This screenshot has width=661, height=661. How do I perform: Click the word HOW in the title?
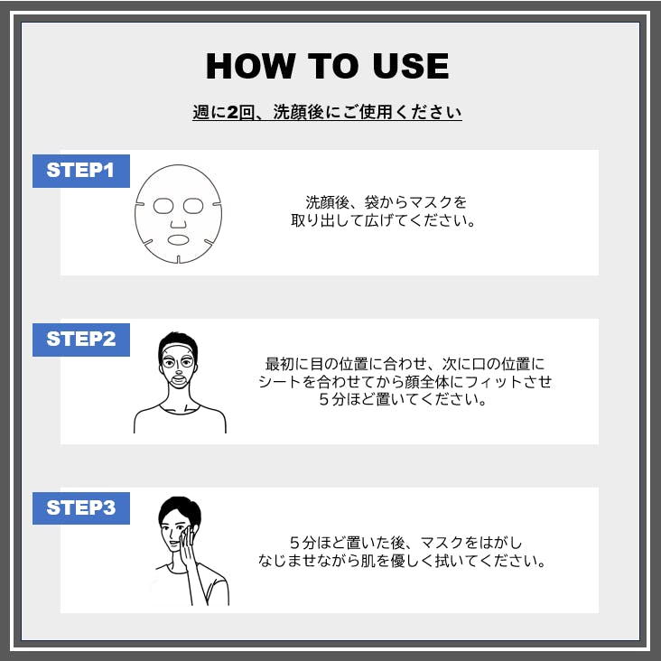[249, 66]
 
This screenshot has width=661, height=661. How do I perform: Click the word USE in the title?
[411, 66]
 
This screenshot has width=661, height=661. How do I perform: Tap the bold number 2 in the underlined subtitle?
[233, 112]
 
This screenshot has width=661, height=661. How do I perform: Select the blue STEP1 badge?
[81, 171]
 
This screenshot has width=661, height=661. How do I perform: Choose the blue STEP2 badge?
[81, 340]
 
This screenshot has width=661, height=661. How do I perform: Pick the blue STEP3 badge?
[81, 508]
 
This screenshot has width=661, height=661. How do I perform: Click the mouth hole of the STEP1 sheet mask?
[178, 240]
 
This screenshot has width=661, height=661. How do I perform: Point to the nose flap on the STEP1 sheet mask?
[178, 223]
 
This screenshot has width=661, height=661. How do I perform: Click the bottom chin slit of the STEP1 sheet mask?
[178, 259]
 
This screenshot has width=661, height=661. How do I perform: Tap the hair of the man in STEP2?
[178, 340]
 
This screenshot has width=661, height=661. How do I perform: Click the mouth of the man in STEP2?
[179, 379]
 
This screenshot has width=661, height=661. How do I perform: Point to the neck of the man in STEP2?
[179, 398]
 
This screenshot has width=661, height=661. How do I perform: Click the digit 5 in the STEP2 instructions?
[324, 399]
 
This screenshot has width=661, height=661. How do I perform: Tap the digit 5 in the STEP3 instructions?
[295, 543]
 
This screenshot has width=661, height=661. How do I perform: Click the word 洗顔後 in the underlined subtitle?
[299, 112]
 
